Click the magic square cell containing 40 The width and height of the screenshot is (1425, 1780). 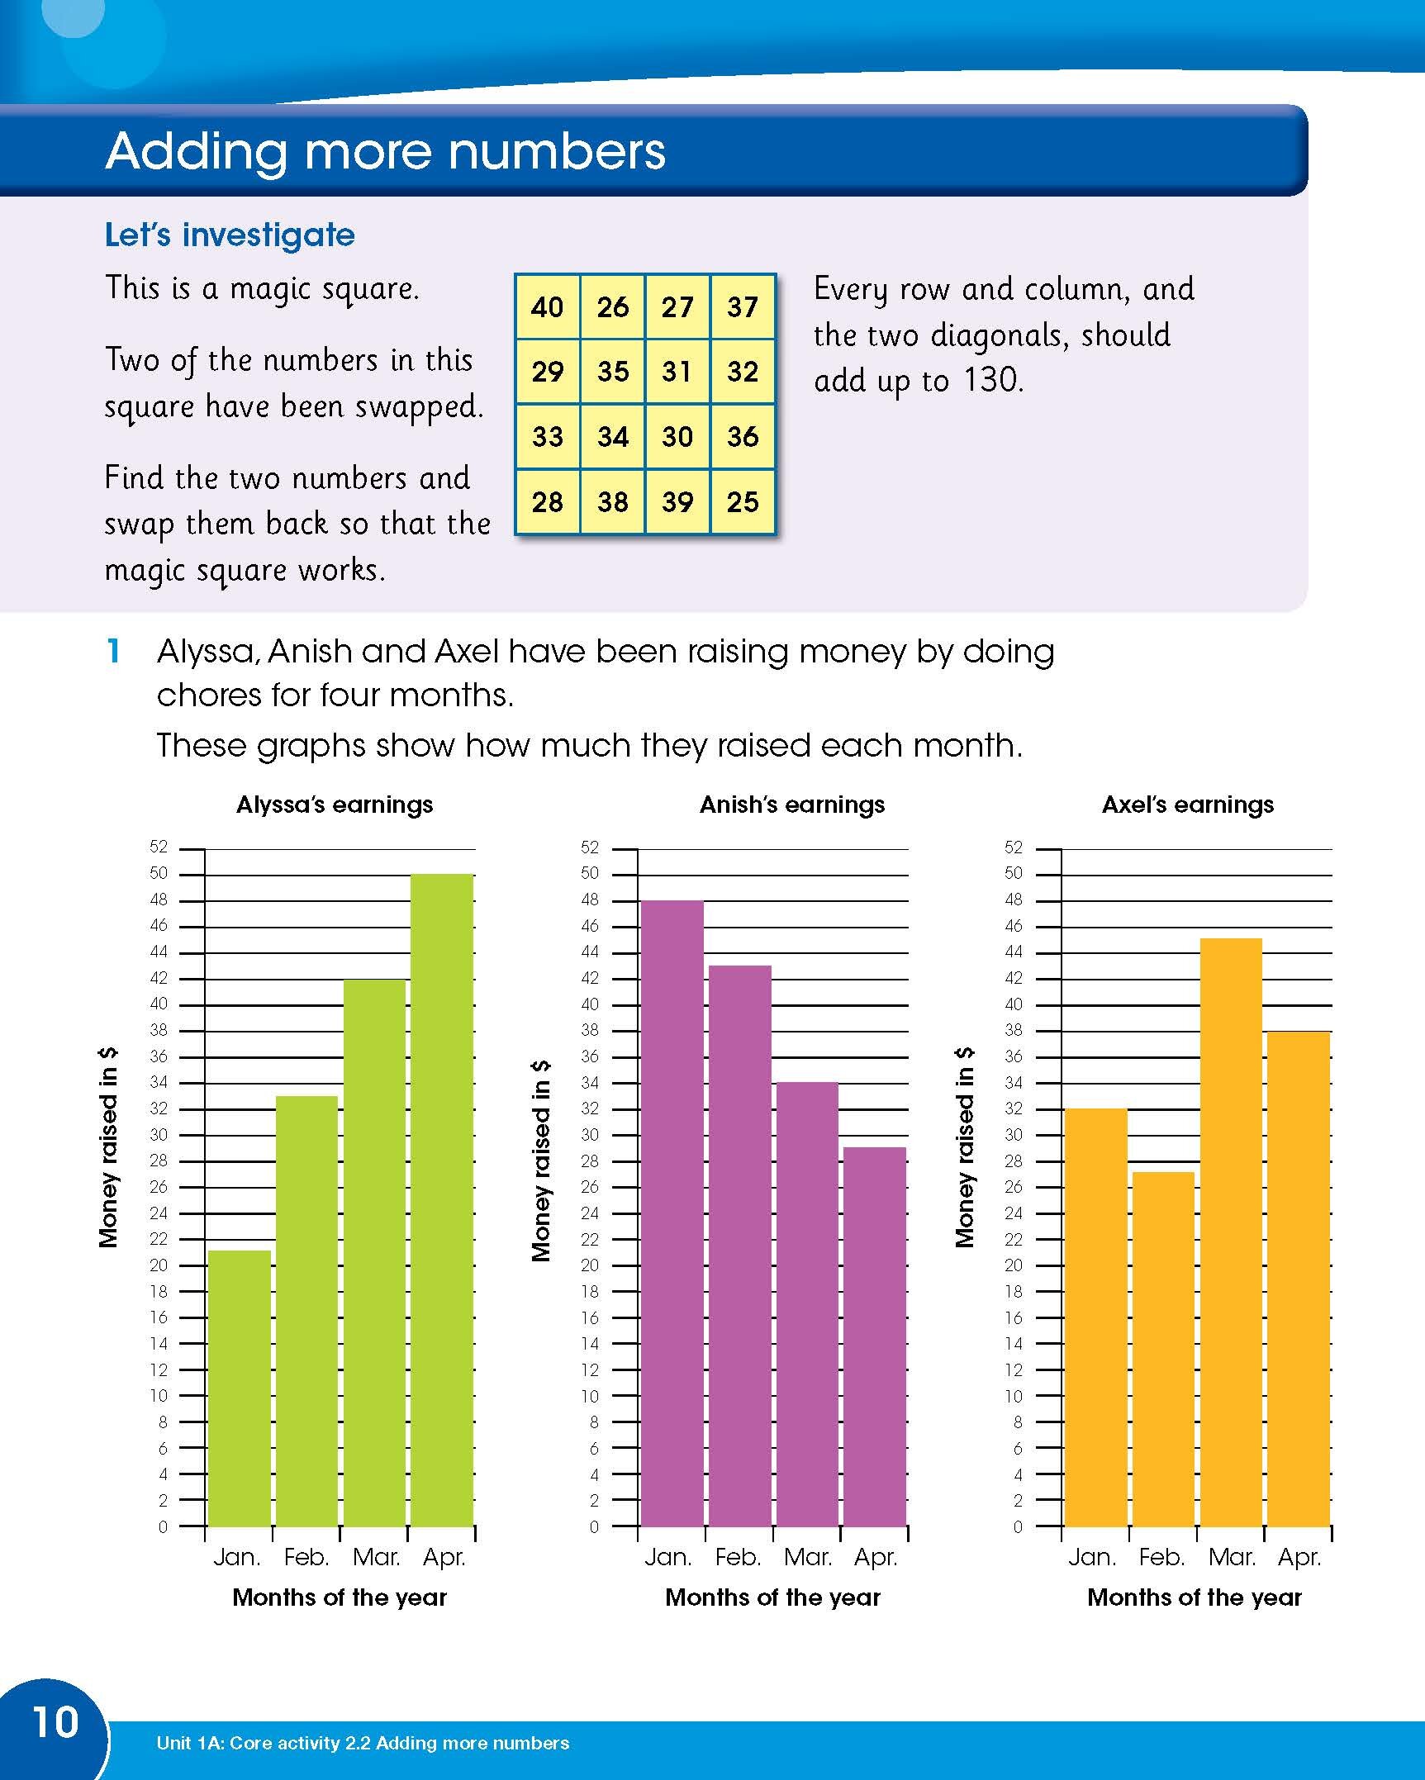pos(547,307)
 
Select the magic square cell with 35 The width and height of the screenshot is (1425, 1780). pos(612,372)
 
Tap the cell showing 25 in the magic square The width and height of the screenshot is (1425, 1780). pos(742,501)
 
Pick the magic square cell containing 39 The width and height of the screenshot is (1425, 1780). pos(677,501)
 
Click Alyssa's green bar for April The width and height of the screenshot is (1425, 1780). pos(442,1198)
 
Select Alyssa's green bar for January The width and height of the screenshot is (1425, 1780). pos(240,1388)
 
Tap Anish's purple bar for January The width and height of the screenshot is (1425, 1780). pos(672,1214)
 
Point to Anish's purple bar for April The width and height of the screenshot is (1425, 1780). pos(875,1338)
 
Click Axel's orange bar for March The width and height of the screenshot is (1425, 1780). pos(1231,1231)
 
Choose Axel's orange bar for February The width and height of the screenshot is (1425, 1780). pos(1163,1346)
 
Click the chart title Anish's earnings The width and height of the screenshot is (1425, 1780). pos(791,805)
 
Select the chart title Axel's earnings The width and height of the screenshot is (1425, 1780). pos(1188,805)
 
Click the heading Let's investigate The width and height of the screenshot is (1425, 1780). pos(230,235)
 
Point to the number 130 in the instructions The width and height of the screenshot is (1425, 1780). pos(993,381)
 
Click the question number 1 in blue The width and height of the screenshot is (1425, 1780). pos(114,652)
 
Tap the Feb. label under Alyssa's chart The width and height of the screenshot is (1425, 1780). pos(306,1558)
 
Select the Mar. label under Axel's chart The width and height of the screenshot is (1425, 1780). pos(1232,1558)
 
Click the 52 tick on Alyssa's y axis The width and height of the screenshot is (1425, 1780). pos(159,847)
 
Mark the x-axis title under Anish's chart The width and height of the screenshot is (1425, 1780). pos(772,1597)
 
